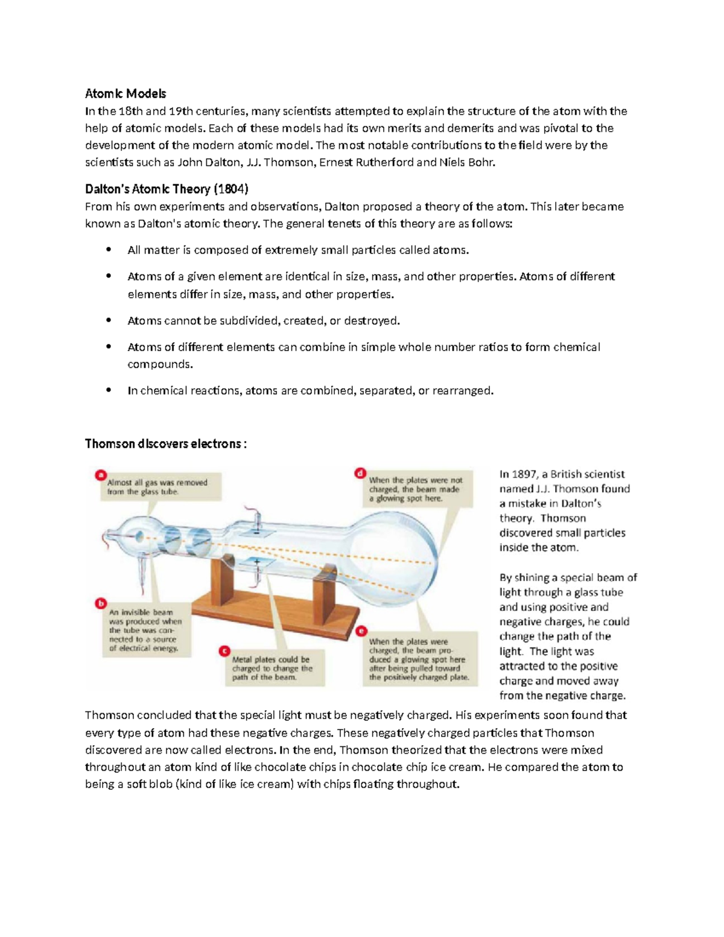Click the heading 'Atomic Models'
pyautogui.click(x=125, y=94)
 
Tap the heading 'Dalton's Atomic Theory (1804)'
pyautogui.click(x=167, y=189)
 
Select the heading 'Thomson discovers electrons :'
pyautogui.click(x=166, y=444)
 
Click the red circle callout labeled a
pyautogui.click(x=101, y=475)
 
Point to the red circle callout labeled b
pyautogui.click(x=101, y=603)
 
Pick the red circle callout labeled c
pyautogui.click(x=224, y=651)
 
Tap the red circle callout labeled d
pyautogui.click(x=361, y=473)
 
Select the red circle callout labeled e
pyautogui.click(x=361, y=631)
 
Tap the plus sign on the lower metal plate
pyautogui.click(x=256, y=562)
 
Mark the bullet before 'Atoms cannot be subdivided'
pyautogui.click(x=109, y=320)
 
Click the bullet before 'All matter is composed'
pyautogui.click(x=109, y=250)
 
